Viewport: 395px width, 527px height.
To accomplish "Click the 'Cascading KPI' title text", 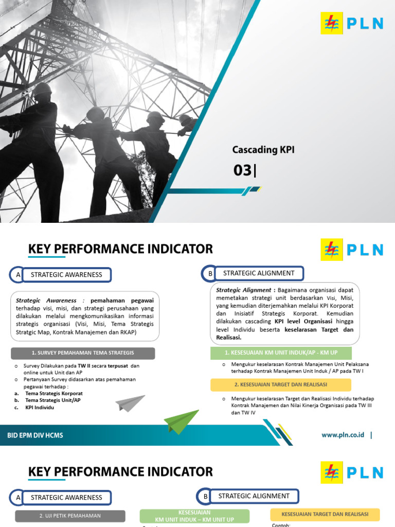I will coord(263,150).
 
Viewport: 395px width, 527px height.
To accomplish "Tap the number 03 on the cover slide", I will coord(243,170).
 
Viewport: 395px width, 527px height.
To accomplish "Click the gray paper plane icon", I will coord(130,403).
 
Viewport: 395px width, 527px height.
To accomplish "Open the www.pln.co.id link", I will coord(343,435).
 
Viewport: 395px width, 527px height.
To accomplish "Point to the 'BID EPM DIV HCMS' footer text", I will coord(35,435).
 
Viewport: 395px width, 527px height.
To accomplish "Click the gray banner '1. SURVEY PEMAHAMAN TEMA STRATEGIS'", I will coord(83,353).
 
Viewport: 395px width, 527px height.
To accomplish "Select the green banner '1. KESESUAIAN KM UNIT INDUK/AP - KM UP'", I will coord(281,353).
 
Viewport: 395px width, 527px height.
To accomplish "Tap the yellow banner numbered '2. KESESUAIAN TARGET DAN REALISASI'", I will coord(281,385).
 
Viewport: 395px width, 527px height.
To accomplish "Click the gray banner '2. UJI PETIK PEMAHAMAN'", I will coord(70,516).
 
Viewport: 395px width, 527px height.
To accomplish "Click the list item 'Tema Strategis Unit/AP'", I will coord(53,400).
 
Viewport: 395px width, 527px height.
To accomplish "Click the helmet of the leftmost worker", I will coord(42,90).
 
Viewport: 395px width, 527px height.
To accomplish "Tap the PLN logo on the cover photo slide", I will coord(352,24).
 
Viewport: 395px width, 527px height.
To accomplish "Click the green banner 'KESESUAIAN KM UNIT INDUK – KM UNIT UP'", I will coord(194,516).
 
